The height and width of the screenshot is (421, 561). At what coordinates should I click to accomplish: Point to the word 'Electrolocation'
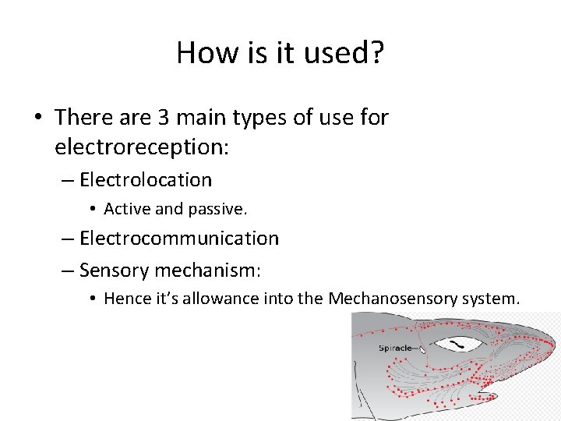[146, 180]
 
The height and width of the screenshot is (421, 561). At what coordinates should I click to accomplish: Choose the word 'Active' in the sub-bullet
[126, 209]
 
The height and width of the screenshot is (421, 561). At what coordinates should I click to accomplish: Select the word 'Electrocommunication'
[179, 239]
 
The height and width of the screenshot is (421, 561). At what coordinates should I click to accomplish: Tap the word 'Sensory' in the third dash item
[115, 271]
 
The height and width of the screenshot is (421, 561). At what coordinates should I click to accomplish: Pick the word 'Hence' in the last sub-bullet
[124, 299]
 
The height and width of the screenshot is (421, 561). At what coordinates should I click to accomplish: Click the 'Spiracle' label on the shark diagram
[396, 348]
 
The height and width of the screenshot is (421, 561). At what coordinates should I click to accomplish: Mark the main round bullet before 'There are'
[37, 119]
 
